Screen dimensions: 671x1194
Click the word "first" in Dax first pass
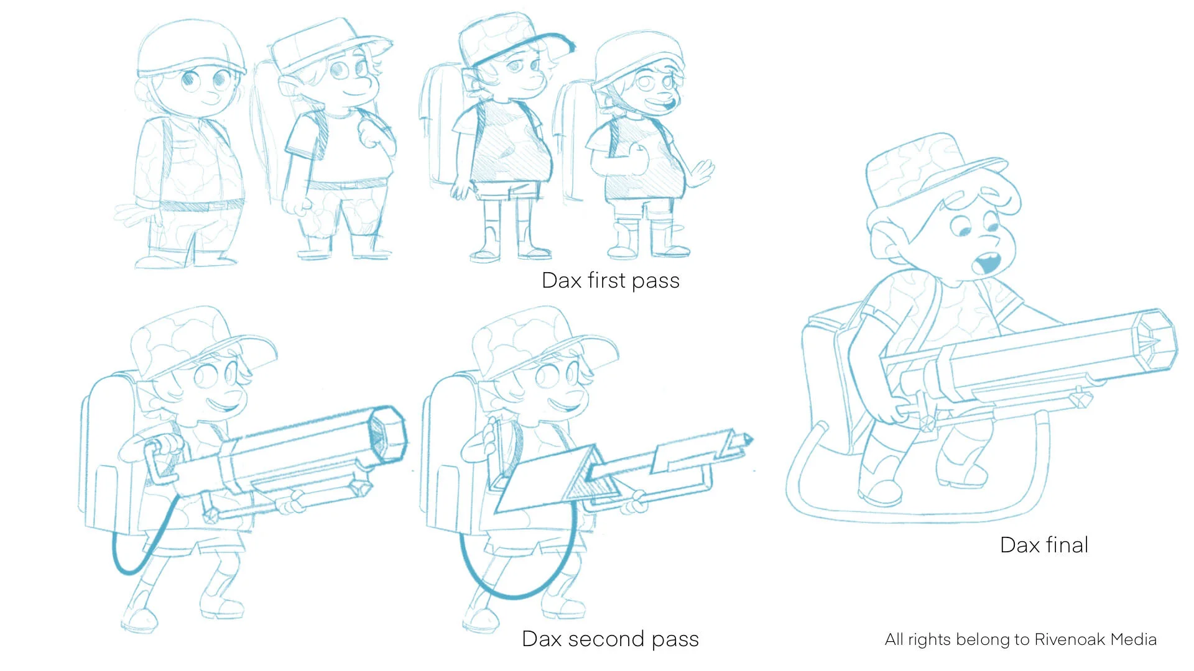[x=606, y=280]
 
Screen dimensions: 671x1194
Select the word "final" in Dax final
[x=1067, y=545]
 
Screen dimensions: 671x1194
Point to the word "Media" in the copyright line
[x=1133, y=639]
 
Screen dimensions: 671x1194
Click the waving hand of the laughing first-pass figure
[x=702, y=172]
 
